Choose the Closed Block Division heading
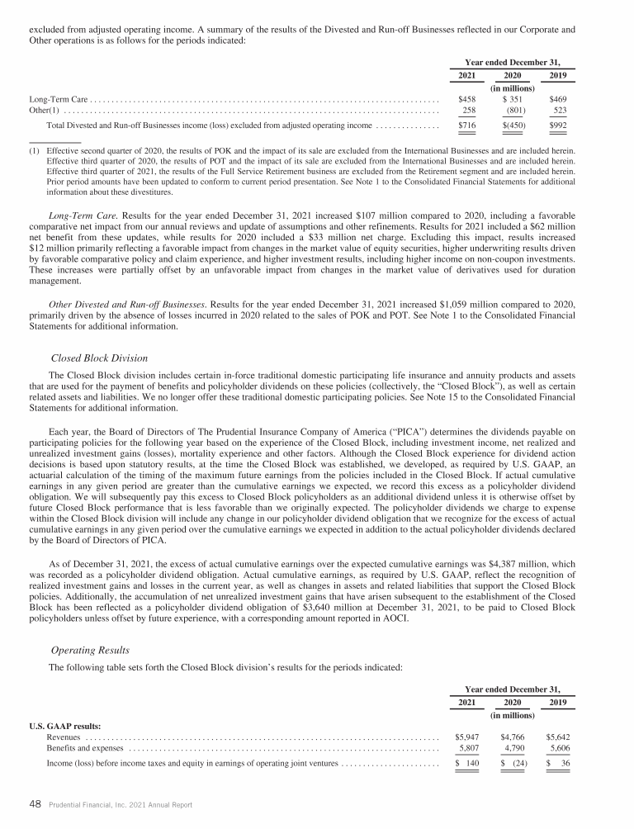tap(99, 358)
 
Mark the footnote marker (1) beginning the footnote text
tap(35, 152)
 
